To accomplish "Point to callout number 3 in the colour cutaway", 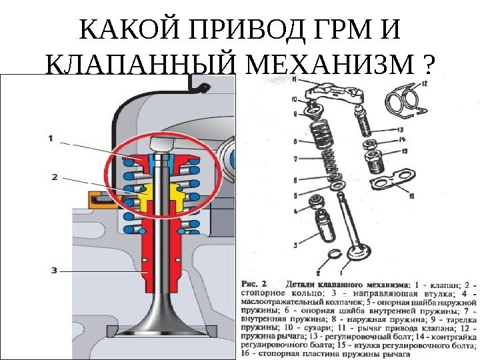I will click(x=54, y=270).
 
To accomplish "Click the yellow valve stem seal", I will click(x=161, y=195).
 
